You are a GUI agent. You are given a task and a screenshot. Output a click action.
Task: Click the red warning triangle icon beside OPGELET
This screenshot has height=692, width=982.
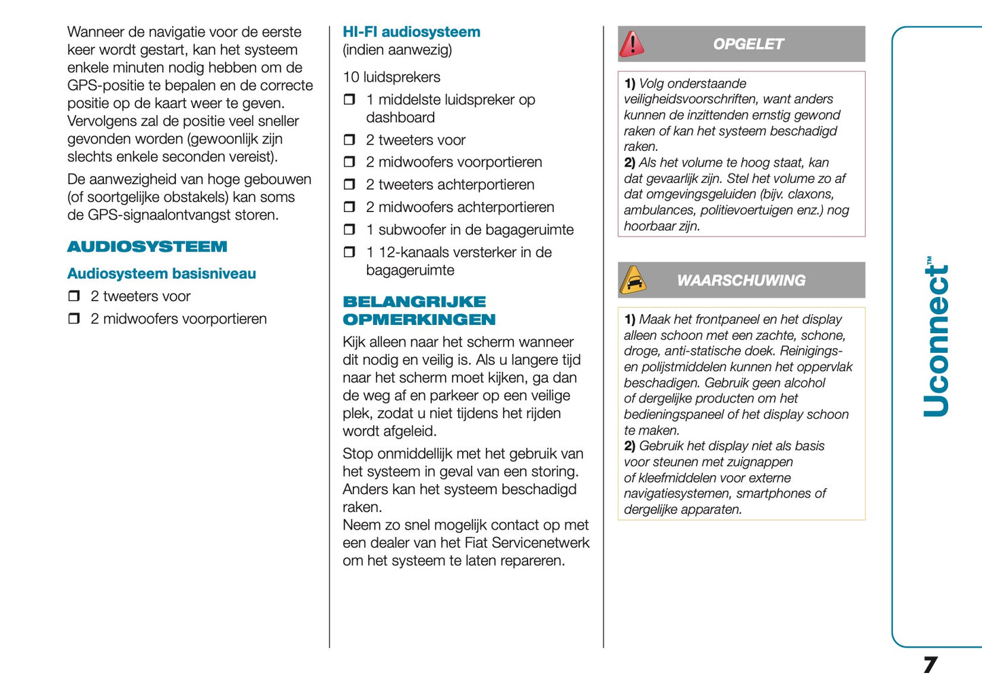coord(632,44)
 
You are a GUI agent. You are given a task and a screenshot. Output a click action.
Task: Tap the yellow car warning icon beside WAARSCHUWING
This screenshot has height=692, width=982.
coord(633,280)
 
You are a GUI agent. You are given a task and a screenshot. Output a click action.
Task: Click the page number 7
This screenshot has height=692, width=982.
coord(930,664)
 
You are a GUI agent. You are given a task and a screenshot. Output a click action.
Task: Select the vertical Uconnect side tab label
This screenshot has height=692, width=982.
coord(936,337)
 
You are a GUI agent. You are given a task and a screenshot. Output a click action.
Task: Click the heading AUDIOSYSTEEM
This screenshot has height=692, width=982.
coord(147,247)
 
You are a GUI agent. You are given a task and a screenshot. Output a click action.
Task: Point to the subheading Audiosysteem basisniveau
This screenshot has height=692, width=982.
coord(161,273)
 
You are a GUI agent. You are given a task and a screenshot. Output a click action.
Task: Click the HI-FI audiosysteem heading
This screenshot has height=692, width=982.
coord(411,32)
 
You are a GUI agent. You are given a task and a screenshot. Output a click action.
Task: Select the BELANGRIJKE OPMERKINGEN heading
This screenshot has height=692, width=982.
coord(419,311)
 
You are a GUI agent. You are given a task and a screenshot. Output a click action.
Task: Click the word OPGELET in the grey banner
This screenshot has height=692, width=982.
coord(748,44)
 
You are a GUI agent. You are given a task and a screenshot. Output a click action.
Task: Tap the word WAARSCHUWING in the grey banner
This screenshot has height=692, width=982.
coord(741,280)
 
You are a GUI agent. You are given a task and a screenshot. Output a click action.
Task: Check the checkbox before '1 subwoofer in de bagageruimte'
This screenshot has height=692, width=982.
coord(349,230)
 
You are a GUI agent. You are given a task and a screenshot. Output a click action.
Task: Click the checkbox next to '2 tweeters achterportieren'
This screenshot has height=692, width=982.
coord(349,184)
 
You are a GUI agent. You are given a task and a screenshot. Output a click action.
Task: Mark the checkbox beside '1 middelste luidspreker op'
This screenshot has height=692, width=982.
coord(349,99)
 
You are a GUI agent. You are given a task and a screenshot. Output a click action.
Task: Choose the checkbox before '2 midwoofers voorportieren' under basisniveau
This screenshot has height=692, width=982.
coord(74,318)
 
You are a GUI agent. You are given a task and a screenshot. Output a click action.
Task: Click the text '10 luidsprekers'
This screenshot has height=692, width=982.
coord(391,77)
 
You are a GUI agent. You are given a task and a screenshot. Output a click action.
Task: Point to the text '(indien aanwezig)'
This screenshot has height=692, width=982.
coord(397,50)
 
